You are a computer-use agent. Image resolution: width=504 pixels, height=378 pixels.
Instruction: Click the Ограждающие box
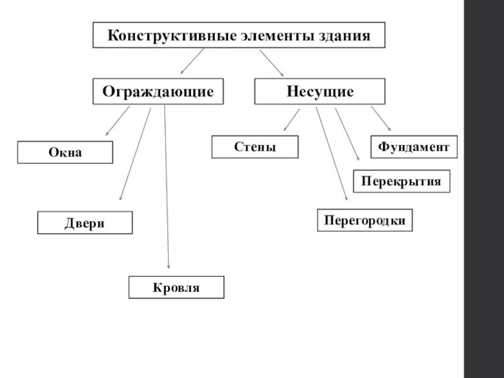pyautogui.click(x=158, y=91)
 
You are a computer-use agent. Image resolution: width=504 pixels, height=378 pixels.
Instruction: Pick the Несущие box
pyautogui.click(x=320, y=91)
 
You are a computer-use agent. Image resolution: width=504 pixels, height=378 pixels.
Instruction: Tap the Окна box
pyautogui.click(x=65, y=152)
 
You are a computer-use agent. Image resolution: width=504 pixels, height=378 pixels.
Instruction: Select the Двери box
pyautogui.click(x=85, y=223)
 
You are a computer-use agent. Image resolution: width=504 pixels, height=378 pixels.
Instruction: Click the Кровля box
pyautogui.click(x=176, y=287)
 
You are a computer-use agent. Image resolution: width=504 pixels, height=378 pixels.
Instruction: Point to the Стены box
pyautogui.click(x=255, y=147)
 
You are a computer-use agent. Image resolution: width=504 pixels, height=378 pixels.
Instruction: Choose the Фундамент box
pyautogui.click(x=414, y=147)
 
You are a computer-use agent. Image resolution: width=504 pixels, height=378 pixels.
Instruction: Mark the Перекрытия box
pyautogui.click(x=401, y=181)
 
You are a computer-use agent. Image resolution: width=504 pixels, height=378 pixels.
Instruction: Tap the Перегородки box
pyautogui.click(x=365, y=220)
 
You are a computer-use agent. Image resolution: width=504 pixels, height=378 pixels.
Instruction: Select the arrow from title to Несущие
pyautogui.click(x=272, y=62)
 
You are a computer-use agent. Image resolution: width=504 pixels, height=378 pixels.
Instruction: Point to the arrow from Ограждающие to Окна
pyautogui.click(x=117, y=121)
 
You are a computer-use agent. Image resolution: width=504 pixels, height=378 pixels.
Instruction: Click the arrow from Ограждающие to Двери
pyautogui.click(x=135, y=154)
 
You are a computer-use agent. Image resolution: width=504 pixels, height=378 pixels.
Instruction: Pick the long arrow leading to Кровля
pyautogui.click(x=167, y=189)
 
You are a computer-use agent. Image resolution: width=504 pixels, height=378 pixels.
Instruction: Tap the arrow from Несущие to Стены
pyautogui.click(x=291, y=120)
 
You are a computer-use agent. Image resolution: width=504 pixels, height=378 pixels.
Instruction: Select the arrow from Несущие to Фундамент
pyautogui.click(x=381, y=118)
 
